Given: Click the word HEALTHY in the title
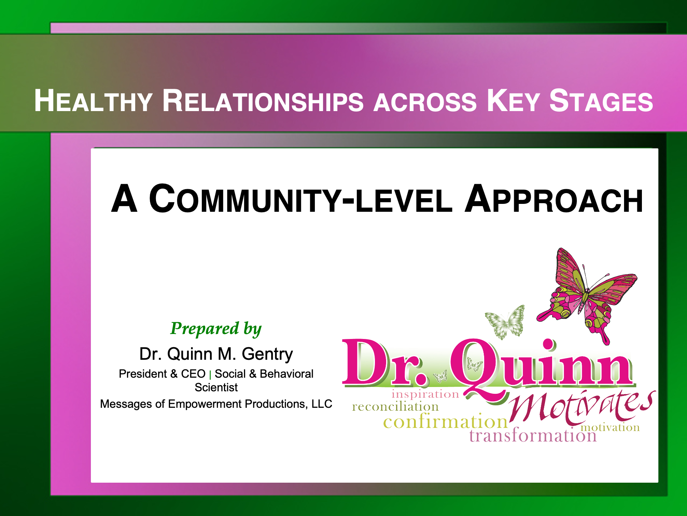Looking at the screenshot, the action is [93, 101].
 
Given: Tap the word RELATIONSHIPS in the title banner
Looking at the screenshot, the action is [263, 101].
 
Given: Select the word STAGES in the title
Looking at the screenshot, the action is [601, 101].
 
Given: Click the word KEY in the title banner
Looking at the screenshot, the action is [513, 101].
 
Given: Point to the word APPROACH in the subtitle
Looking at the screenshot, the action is [554, 199].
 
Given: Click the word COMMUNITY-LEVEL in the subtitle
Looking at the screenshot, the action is [301, 199].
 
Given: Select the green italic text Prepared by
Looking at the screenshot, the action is [216, 329].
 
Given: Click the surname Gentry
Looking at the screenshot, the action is [267, 354].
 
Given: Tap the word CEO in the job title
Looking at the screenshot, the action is [193, 374].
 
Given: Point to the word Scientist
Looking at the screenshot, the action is [216, 387].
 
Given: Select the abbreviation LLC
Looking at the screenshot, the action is [322, 404].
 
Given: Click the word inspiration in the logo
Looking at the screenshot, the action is [425, 394].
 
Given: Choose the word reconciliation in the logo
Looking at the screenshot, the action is [395, 406].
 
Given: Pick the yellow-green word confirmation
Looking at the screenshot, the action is [445, 421].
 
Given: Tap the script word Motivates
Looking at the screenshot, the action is [581, 407].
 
